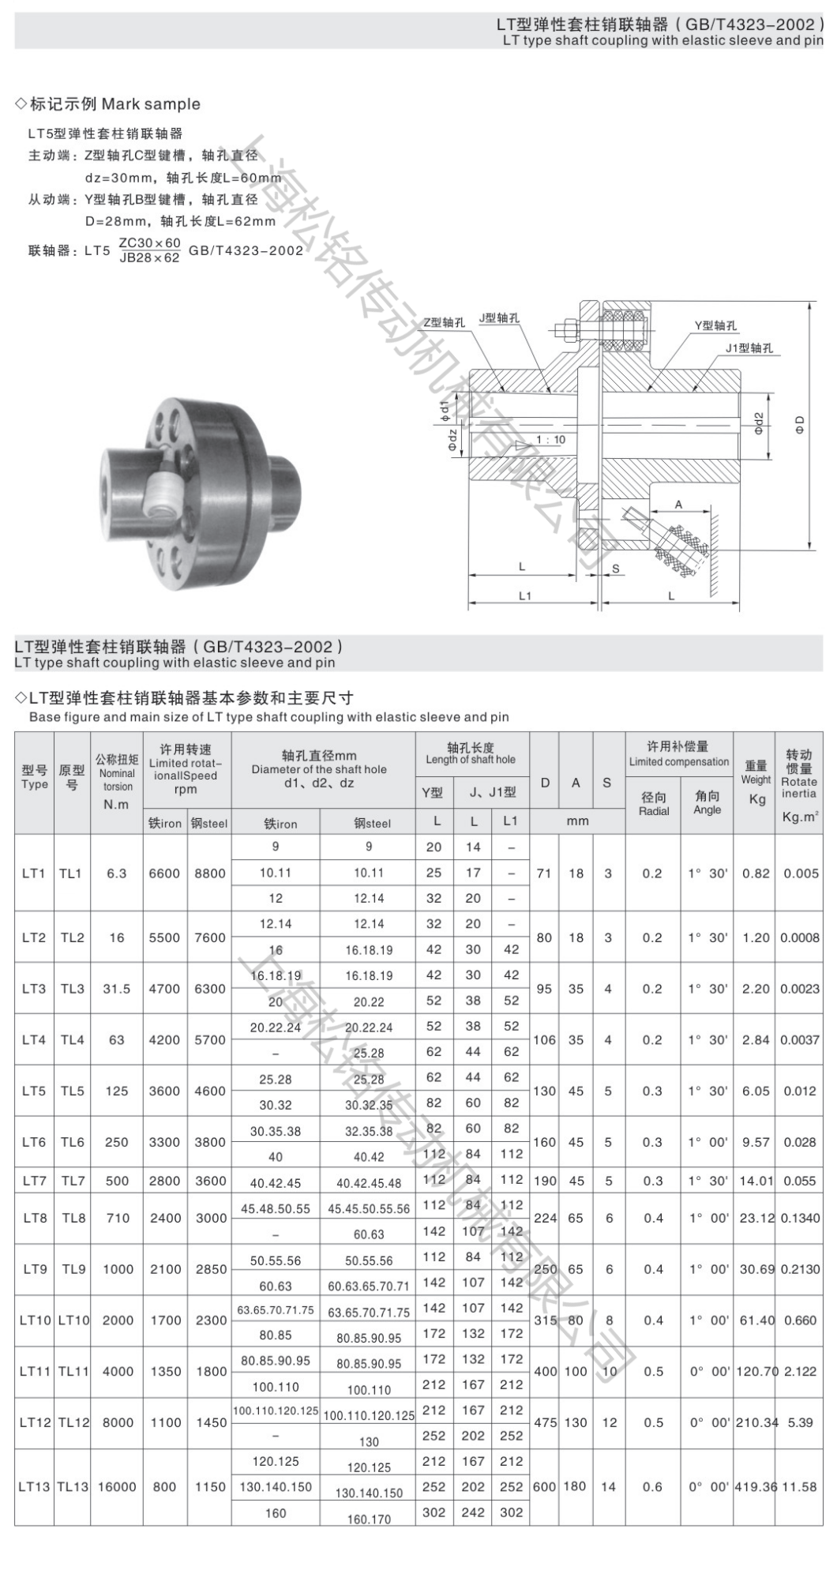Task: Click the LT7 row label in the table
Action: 34,1181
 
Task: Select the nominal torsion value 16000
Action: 117,1486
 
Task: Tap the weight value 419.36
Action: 756,1486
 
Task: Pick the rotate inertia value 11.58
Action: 799,1486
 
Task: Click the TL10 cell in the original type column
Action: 73,1320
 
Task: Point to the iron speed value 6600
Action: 164,873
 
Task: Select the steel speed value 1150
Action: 211,1486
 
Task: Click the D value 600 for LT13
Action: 545,1486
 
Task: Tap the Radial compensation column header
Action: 653,803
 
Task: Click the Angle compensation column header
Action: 708,803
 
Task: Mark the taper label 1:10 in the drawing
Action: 550,440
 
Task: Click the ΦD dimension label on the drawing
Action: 800,425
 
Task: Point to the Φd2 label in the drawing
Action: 758,424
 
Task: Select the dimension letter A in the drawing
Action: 678,505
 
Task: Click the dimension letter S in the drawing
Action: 616,568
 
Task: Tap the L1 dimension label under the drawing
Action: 525,595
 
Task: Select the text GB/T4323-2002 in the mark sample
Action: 246,250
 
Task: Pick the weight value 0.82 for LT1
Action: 756,873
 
